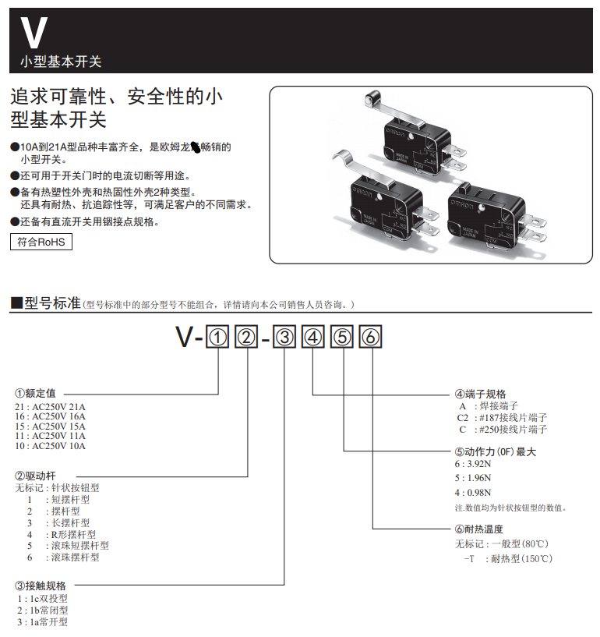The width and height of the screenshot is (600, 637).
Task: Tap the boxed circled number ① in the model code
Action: coord(218,338)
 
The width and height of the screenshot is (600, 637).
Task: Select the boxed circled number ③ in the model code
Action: coord(285,338)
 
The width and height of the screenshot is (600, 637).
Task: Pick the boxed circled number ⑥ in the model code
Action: coord(371,338)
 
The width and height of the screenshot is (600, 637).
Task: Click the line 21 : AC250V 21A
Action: coord(51,407)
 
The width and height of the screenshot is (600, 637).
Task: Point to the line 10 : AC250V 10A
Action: coord(51,446)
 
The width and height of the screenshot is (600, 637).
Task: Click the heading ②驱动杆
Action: coord(35,475)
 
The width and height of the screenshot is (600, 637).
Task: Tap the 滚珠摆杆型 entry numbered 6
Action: coord(74,557)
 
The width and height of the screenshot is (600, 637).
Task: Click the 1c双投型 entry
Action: coord(48,598)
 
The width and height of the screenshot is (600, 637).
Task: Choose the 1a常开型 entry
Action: coord(48,621)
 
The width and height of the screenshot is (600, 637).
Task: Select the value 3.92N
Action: coord(476,463)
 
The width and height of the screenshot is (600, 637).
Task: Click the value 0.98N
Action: coord(476,492)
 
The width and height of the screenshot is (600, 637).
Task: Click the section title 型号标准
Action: coord(52,303)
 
